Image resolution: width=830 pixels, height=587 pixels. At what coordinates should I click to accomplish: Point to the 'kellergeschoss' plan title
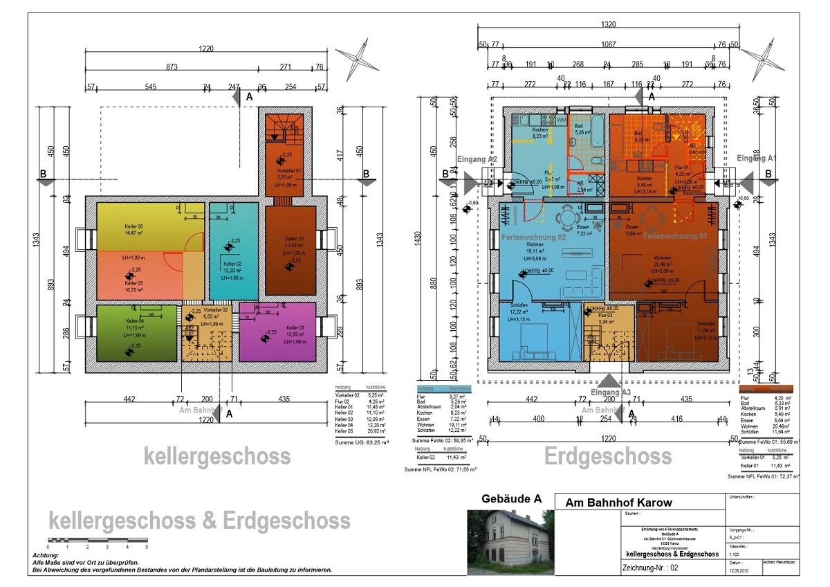click(x=217, y=457)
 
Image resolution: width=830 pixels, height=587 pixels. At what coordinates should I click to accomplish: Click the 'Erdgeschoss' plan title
click(x=607, y=457)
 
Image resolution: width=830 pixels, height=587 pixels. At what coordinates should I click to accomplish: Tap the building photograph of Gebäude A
click(x=510, y=542)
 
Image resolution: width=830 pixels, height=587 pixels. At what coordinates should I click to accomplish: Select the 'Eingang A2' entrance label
click(x=478, y=159)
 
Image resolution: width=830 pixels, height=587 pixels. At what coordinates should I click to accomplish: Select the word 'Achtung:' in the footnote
click(x=46, y=555)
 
